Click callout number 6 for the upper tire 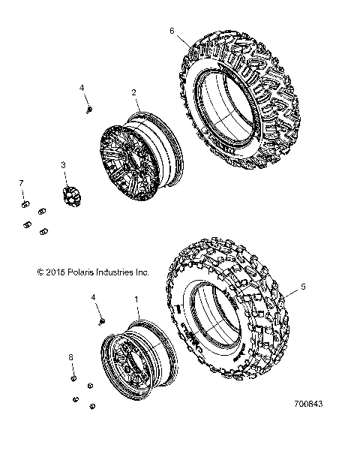click(x=172, y=31)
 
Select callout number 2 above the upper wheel click(x=133, y=93)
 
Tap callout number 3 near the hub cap click(x=64, y=164)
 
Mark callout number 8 click(x=72, y=357)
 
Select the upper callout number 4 click(x=82, y=89)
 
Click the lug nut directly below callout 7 click(x=24, y=204)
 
